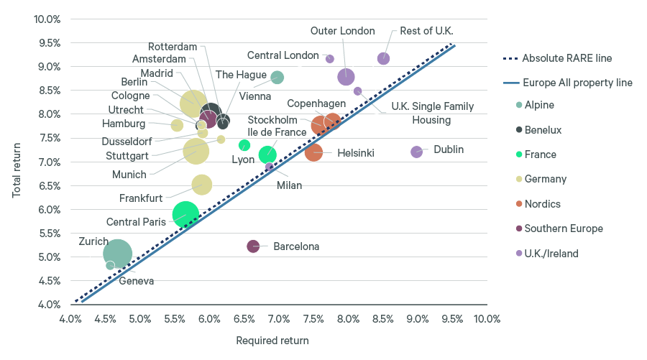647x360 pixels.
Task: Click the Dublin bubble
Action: [x=416, y=152]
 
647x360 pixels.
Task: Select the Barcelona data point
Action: [x=253, y=246]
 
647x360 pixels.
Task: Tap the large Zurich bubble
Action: [x=117, y=253]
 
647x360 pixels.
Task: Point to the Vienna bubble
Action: [x=277, y=78]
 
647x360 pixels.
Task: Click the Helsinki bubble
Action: [x=313, y=152]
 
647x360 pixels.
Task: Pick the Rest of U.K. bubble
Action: [x=383, y=58]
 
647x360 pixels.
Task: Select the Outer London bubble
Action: [x=346, y=77]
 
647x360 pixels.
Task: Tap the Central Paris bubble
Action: [x=185, y=213]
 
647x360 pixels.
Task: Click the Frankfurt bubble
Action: [x=202, y=185]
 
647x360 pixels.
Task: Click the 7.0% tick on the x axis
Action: [x=279, y=318]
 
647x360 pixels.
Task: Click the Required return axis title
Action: [x=272, y=341]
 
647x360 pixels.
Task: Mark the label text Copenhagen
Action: [x=316, y=104]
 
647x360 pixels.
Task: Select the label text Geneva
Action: [x=136, y=281]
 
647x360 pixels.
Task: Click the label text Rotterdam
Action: [x=173, y=47]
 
